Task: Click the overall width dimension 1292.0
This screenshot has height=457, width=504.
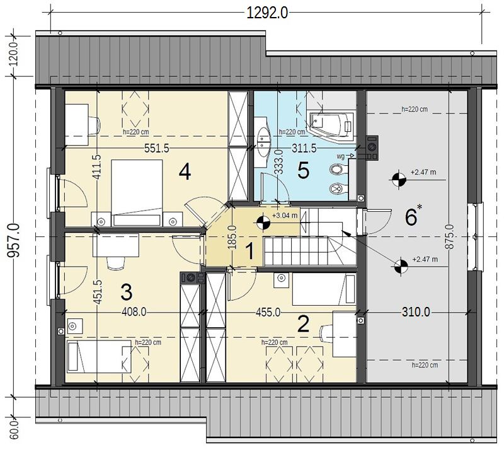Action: tap(267, 13)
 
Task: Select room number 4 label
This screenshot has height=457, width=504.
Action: tap(185, 171)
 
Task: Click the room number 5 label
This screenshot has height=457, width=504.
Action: tap(303, 170)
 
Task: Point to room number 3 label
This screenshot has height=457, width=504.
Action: tap(127, 292)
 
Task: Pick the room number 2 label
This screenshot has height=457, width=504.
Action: tap(304, 324)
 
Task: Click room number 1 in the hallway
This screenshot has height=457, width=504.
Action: tap(249, 251)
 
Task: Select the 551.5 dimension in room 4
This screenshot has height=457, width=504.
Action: tap(156, 148)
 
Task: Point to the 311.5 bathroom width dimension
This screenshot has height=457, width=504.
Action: tap(304, 148)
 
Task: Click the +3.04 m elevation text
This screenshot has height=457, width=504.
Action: tap(285, 216)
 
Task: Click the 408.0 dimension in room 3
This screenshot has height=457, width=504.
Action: tap(134, 311)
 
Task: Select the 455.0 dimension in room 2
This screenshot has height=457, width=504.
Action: tap(268, 312)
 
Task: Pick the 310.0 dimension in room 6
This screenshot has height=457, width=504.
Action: tap(416, 311)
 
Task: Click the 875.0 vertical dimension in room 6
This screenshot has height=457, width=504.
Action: tap(450, 237)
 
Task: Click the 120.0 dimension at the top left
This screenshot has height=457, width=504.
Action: tap(14, 54)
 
